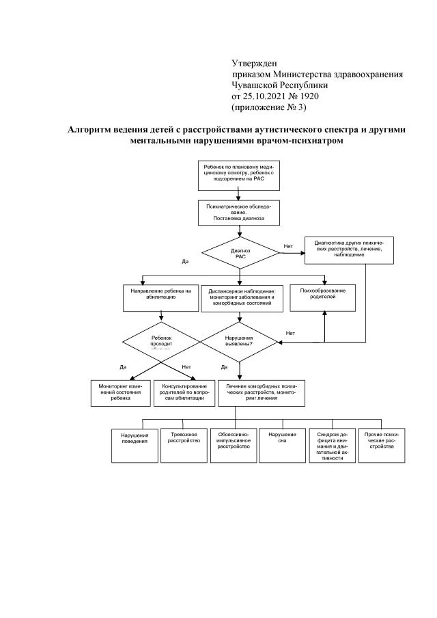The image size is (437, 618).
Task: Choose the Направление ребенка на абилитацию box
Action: pos(160,295)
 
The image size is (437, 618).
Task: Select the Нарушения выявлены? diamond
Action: pos(239,340)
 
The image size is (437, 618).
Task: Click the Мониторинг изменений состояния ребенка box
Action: pos(120,394)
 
